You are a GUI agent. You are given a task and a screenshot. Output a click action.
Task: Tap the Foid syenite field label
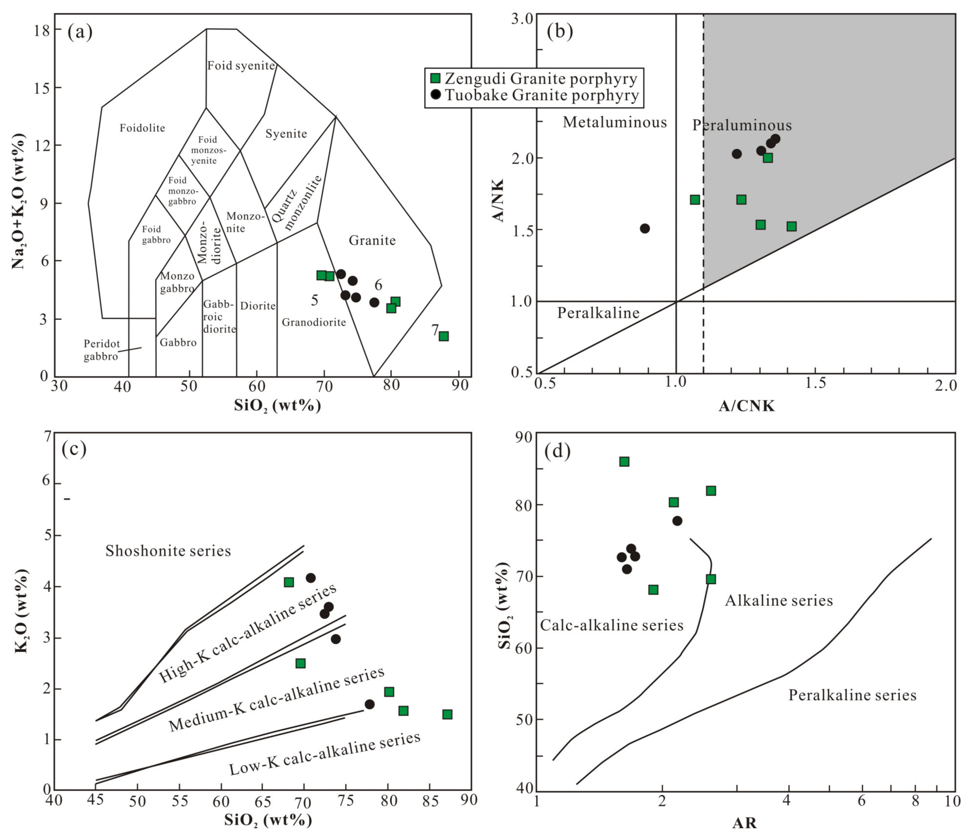pyautogui.click(x=241, y=66)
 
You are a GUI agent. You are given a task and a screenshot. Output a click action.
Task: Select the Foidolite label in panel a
pyautogui.click(x=142, y=128)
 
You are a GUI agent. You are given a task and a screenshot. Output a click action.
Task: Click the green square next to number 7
pyautogui.click(x=443, y=336)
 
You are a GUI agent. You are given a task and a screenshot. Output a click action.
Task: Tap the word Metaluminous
pyautogui.click(x=614, y=122)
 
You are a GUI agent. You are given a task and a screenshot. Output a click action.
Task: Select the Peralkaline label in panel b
pyautogui.click(x=598, y=313)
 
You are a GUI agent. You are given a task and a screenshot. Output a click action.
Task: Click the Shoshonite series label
pyautogui.click(x=168, y=551)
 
